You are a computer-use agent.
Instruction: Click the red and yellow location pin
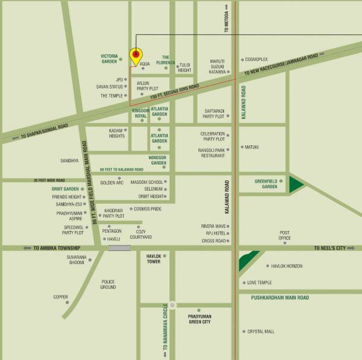click(136, 55)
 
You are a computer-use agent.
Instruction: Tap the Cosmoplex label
click(256, 59)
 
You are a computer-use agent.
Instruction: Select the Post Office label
click(285, 235)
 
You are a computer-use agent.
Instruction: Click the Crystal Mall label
click(261, 331)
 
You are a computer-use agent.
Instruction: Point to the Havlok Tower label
click(154, 259)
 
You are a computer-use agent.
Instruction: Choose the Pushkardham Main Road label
click(281, 297)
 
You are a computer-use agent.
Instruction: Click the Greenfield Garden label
click(265, 183)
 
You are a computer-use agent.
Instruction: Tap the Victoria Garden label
click(109, 58)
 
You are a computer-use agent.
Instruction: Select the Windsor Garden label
click(158, 160)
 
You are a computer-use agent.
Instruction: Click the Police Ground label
click(108, 284)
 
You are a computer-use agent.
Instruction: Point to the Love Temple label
click(259, 282)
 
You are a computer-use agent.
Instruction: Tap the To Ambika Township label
click(57, 248)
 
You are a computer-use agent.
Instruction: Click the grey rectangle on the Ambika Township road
click(119, 248)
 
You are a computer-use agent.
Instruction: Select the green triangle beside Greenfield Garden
click(296, 184)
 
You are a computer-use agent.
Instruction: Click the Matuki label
click(252, 147)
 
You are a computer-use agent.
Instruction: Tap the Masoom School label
click(147, 182)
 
